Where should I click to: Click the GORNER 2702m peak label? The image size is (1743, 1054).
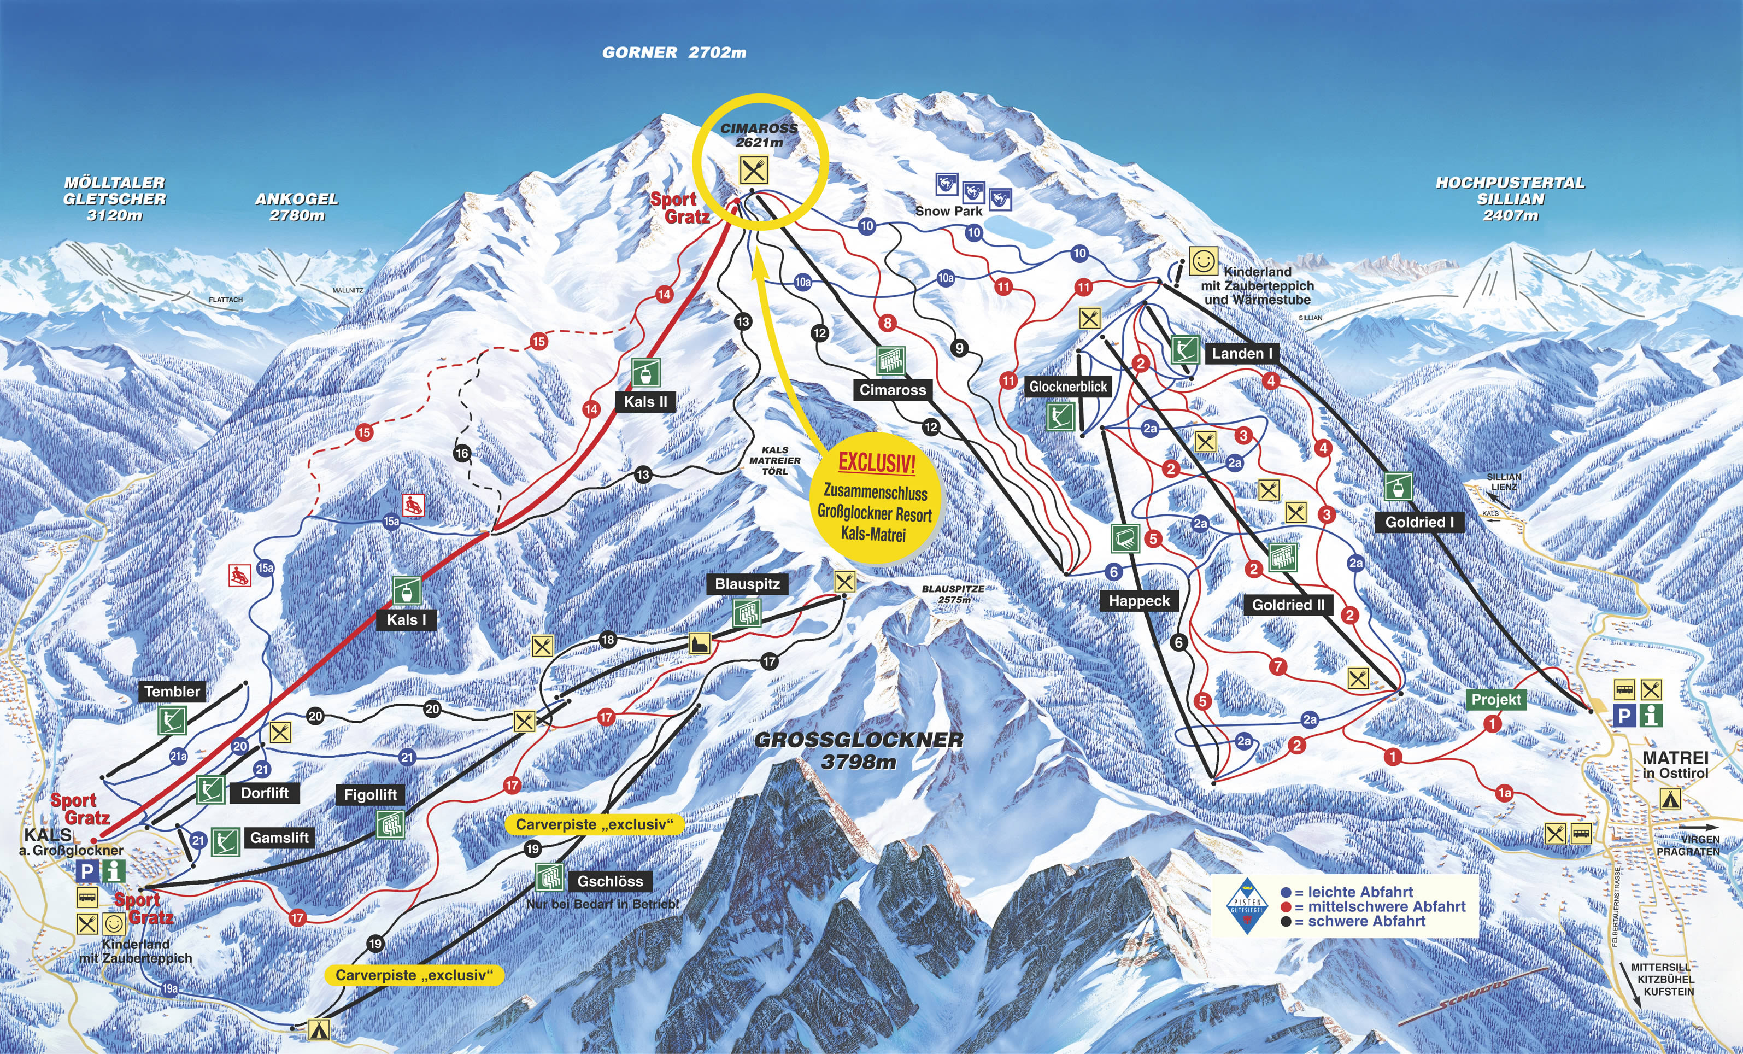[673, 52]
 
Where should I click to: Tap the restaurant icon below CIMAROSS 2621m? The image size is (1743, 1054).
[752, 170]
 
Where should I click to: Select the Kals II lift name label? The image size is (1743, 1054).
[645, 402]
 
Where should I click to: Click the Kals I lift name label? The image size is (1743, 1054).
[407, 620]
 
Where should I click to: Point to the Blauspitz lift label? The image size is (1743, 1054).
[747, 584]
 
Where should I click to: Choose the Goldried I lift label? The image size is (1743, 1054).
[1419, 522]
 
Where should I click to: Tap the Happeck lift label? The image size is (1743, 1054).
[1139, 601]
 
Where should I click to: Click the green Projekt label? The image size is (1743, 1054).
[1496, 700]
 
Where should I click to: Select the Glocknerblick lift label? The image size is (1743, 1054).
[1068, 387]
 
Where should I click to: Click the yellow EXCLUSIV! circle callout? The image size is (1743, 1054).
[875, 499]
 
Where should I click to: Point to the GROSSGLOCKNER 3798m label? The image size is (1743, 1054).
[859, 751]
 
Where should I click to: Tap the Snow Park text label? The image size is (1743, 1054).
[949, 211]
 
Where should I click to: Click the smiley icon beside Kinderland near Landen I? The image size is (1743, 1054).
[1202, 261]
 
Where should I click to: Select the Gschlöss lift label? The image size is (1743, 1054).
[610, 881]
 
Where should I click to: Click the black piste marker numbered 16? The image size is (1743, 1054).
[462, 453]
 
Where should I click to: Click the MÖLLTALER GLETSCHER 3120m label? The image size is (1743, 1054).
[115, 199]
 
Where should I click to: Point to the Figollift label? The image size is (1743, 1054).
[370, 794]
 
